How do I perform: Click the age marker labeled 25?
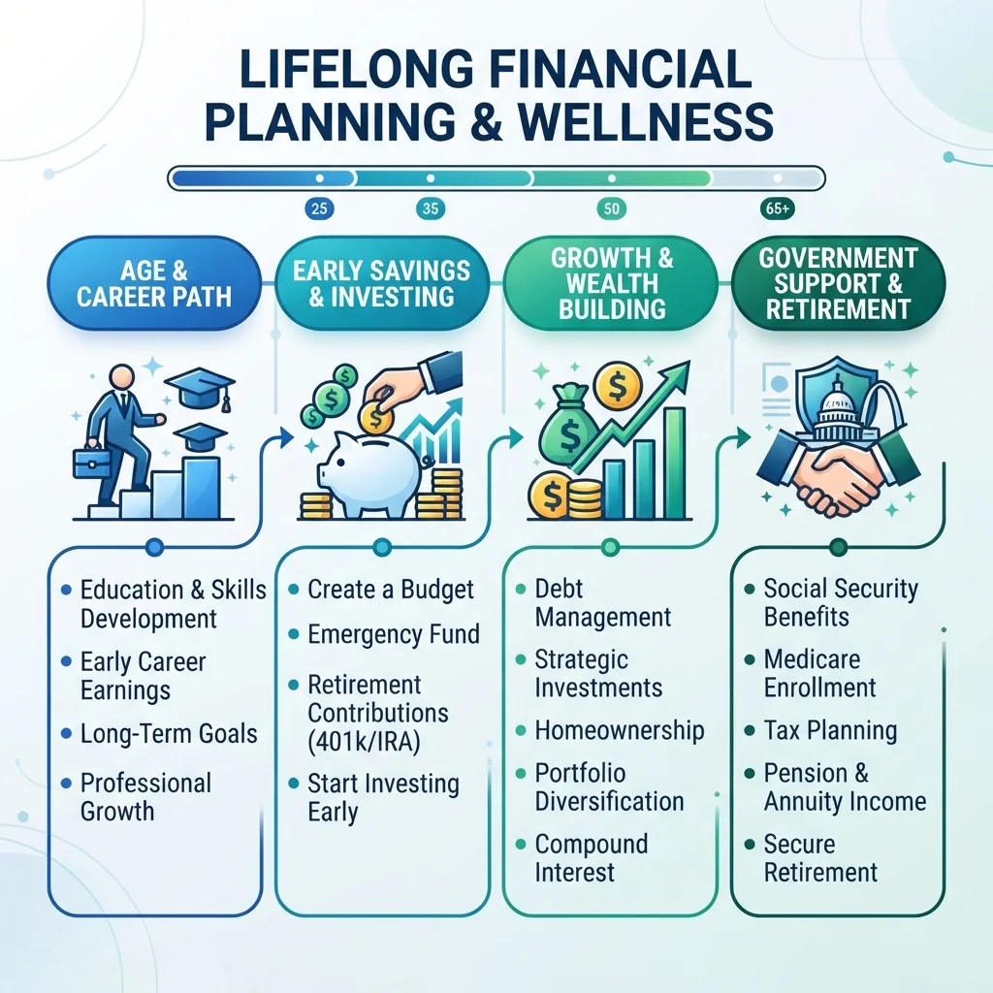(x=319, y=208)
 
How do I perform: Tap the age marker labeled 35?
(x=431, y=208)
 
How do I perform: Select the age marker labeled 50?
(x=611, y=208)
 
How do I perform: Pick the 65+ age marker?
(x=777, y=208)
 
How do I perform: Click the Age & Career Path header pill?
(x=154, y=283)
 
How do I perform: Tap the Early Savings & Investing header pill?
(x=382, y=283)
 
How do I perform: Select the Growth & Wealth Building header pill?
(x=611, y=283)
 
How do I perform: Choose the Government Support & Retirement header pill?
(x=839, y=283)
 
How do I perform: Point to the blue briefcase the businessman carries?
(x=92, y=463)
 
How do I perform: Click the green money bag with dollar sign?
(x=568, y=424)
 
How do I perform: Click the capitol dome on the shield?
(x=836, y=408)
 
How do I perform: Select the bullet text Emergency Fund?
(x=394, y=634)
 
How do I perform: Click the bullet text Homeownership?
(x=620, y=730)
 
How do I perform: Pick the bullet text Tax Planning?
(x=830, y=730)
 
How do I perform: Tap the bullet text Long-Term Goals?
(x=169, y=734)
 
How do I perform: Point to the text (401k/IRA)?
(x=365, y=742)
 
